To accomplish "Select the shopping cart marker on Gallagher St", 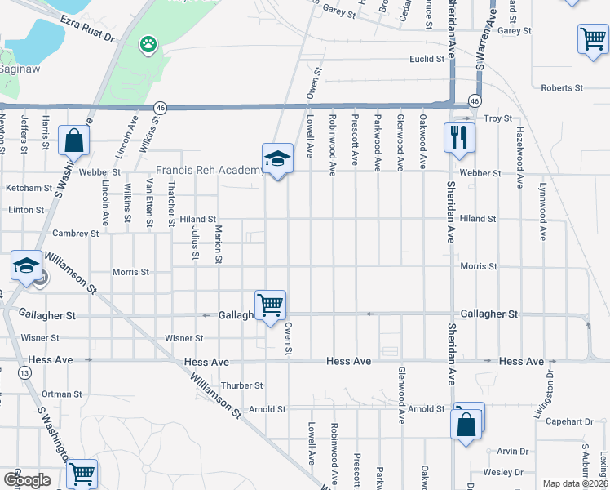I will pos(270,305).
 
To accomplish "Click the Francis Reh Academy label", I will pos(210,171).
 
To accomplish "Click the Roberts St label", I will pos(562,87).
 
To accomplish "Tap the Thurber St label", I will pos(241,385).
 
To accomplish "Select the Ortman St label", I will pos(62,394).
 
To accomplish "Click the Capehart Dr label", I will pos(570,421).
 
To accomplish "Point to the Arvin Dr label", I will pos(513,451).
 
